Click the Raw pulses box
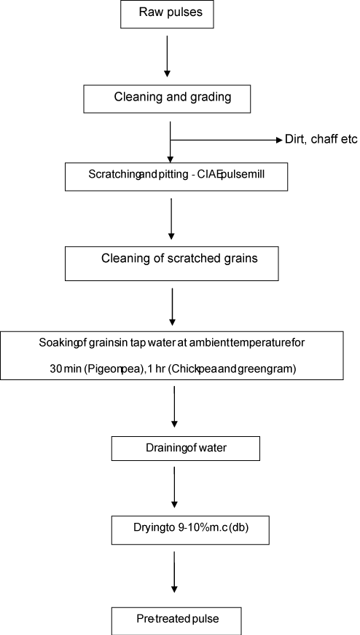coord(167,14)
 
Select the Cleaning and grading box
coord(167,99)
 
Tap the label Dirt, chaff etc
coord(321,140)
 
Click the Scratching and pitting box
coord(176,176)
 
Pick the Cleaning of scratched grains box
coord(171,263)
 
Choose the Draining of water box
coord(186,449)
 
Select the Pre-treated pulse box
coord(176,621)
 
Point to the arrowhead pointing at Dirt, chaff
coord(279,140)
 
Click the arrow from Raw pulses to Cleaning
coord(167,56)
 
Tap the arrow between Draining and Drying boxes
coord(174,487)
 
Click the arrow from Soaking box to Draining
coord(174,406)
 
